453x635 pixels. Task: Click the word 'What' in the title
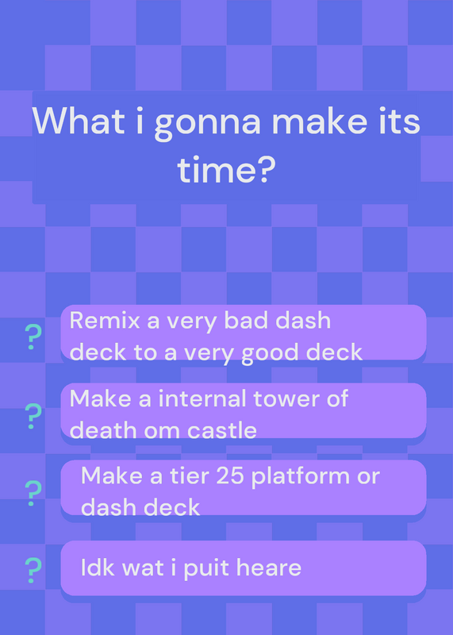pos(79,121)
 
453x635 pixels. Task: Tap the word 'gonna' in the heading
pos(208,125)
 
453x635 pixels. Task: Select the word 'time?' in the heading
pos(226,169)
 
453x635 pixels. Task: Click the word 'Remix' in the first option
pos(105,321)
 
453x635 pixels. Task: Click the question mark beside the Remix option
pos(33,337)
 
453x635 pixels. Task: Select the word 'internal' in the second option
pos(203,398)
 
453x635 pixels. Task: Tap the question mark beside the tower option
pos(33,416)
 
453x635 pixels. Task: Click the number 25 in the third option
pos(230,475)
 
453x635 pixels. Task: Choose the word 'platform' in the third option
pos(300,477)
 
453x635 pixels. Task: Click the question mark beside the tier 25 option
pos(33,493)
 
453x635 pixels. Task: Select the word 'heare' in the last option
pos(269,568)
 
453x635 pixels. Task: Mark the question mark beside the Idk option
pos(33,570)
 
